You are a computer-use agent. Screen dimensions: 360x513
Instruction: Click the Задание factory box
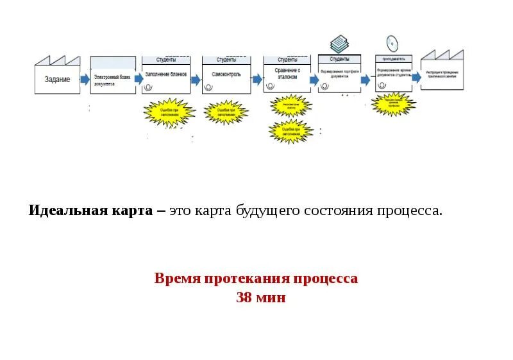57,79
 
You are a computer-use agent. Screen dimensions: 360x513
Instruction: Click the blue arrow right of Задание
85,79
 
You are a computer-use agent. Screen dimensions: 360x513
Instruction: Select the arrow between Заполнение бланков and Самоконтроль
196,79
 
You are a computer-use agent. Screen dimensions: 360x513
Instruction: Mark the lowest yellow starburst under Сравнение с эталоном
291,132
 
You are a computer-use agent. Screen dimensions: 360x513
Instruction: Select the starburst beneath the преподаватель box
393,103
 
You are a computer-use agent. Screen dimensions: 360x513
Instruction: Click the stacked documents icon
339,44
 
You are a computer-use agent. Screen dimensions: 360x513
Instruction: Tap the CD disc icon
392,42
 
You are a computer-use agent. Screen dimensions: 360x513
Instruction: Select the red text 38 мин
260,298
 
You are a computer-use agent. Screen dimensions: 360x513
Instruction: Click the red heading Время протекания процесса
256,279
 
